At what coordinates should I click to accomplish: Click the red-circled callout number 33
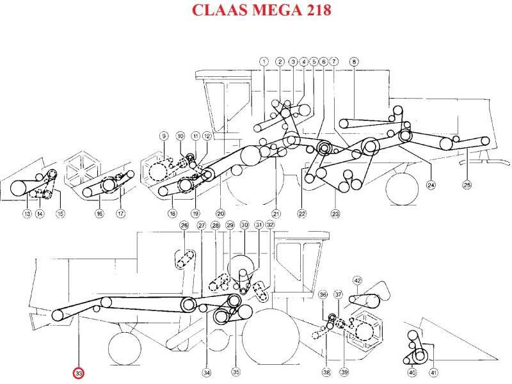79,373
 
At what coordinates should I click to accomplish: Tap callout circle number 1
264,61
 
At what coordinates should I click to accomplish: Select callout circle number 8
354,61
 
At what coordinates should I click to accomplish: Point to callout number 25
467,185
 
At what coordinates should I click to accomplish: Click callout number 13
27,214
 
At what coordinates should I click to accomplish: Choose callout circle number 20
220,214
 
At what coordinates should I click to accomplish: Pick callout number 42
358,280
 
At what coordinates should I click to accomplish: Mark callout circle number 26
184,225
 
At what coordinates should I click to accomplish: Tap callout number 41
433,372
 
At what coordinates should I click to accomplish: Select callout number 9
164,136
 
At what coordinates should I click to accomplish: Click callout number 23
335,214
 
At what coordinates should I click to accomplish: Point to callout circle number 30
244,225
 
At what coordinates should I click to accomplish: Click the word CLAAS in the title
220,10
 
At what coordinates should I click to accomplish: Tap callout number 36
323,295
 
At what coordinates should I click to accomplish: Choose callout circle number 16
99,214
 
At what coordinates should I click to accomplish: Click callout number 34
207,372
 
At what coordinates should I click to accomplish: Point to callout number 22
301,214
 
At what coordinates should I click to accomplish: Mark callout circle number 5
314,61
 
